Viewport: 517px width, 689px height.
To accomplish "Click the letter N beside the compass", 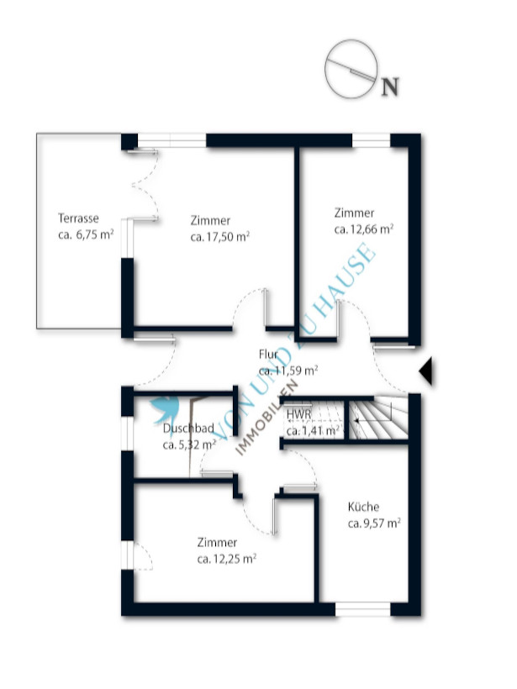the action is (x=390, y=87).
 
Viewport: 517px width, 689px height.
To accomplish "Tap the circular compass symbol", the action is (x=351, y=69).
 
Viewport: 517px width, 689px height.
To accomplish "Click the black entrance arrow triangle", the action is (x=425, y=371).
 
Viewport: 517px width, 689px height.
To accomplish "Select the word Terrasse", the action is (x=78, y=218).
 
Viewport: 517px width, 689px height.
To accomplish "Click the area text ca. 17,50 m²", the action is (x=219, y=237).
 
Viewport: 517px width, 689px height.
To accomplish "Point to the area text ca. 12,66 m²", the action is (x=363, y=229).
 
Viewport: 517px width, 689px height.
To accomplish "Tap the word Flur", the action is (x=268, y=355).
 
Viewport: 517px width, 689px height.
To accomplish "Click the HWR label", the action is (x=299, y=414).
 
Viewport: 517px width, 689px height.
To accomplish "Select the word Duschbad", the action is (x=188, y=428).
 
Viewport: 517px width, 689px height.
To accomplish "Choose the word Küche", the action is (x=363, y=507).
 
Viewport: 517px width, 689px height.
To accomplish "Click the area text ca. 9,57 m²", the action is (x=374, y=523).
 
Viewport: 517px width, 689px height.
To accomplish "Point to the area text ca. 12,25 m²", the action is (x=227, y=559).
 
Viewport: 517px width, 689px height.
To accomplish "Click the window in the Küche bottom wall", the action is (x=363, y=609).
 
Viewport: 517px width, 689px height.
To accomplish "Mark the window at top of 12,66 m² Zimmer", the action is (x=372, y=140).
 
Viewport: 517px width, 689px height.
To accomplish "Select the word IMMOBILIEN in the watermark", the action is (x=266, y=418).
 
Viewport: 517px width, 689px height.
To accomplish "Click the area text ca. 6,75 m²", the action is (x=86, y=234).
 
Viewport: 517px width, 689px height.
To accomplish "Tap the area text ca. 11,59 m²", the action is (x=288, y=371).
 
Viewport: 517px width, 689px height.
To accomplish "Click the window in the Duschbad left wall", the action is (x=127, y=434).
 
